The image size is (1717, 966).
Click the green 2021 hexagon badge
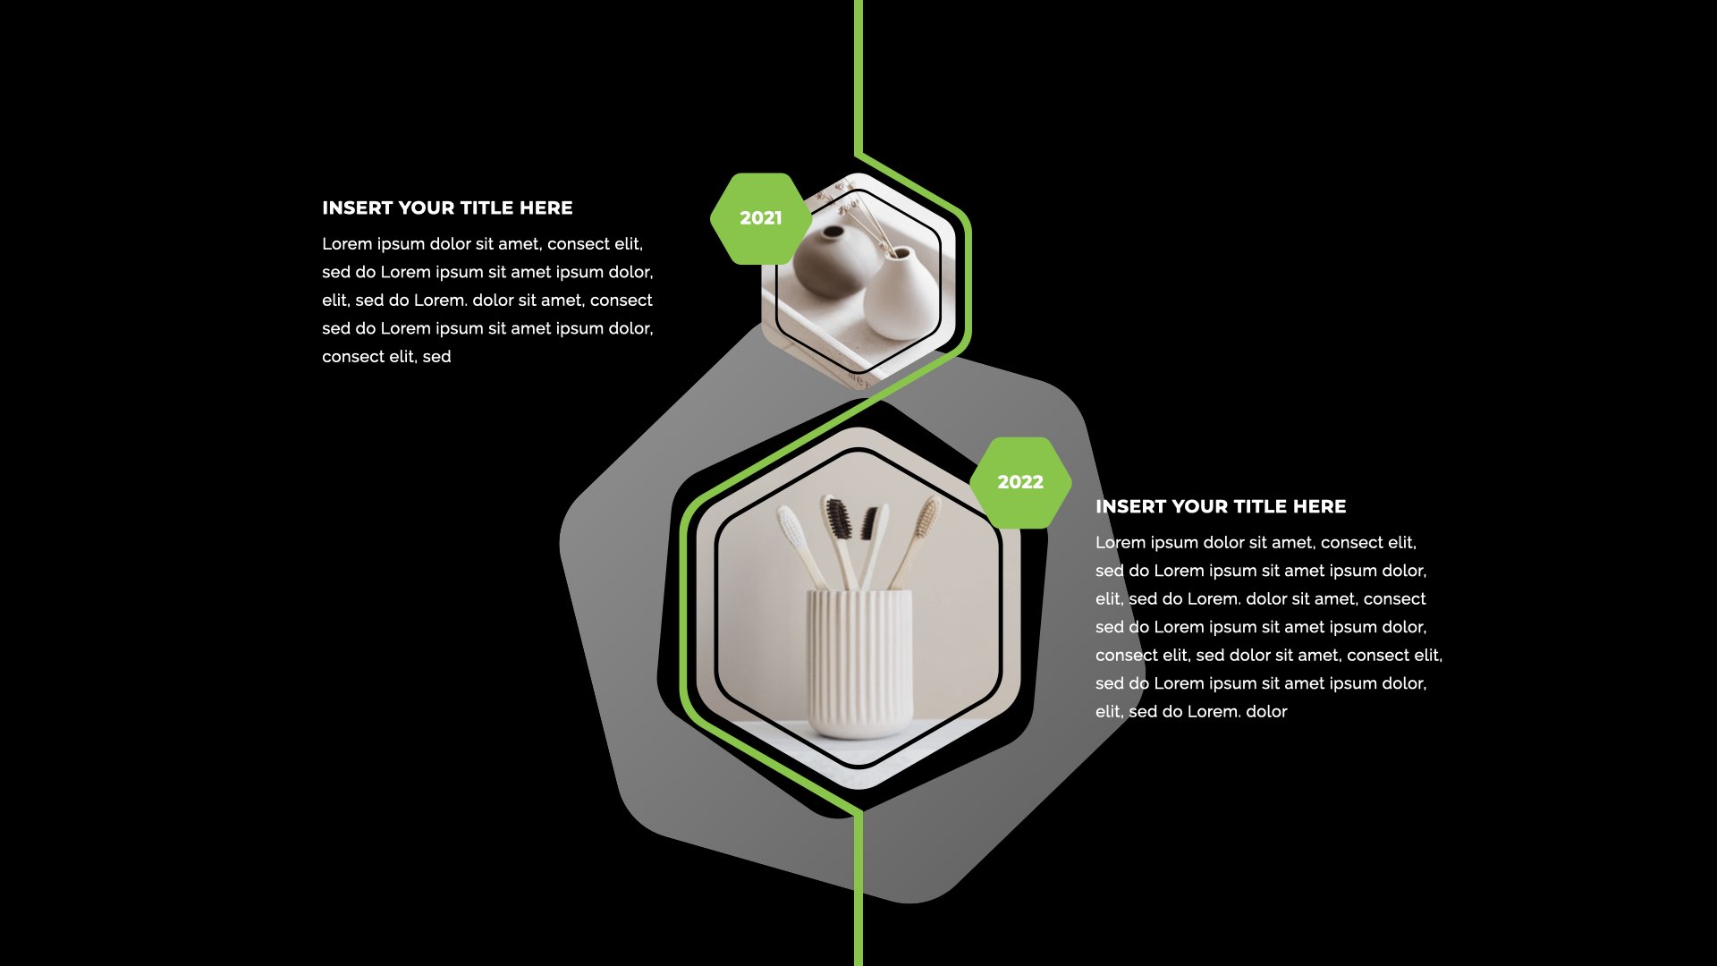pos(761,218)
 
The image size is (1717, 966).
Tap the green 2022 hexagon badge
pos(1020,482)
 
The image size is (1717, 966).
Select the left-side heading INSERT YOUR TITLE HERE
pos(447,208)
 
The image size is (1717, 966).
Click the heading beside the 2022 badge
pos(1221,506)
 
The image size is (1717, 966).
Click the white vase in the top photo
pos(898,293)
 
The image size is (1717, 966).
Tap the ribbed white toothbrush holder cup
pos(859,663)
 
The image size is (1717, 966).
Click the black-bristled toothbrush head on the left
pos(837,518)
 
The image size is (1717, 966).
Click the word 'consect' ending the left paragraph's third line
pos(622,301)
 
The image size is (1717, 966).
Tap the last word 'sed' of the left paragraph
pos(436,357)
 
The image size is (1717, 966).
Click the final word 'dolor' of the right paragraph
pos(1266,712)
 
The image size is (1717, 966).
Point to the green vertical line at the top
pos(858,77)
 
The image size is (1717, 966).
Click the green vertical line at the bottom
pos(858,890)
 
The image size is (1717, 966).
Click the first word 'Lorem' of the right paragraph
pos(1121,543)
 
